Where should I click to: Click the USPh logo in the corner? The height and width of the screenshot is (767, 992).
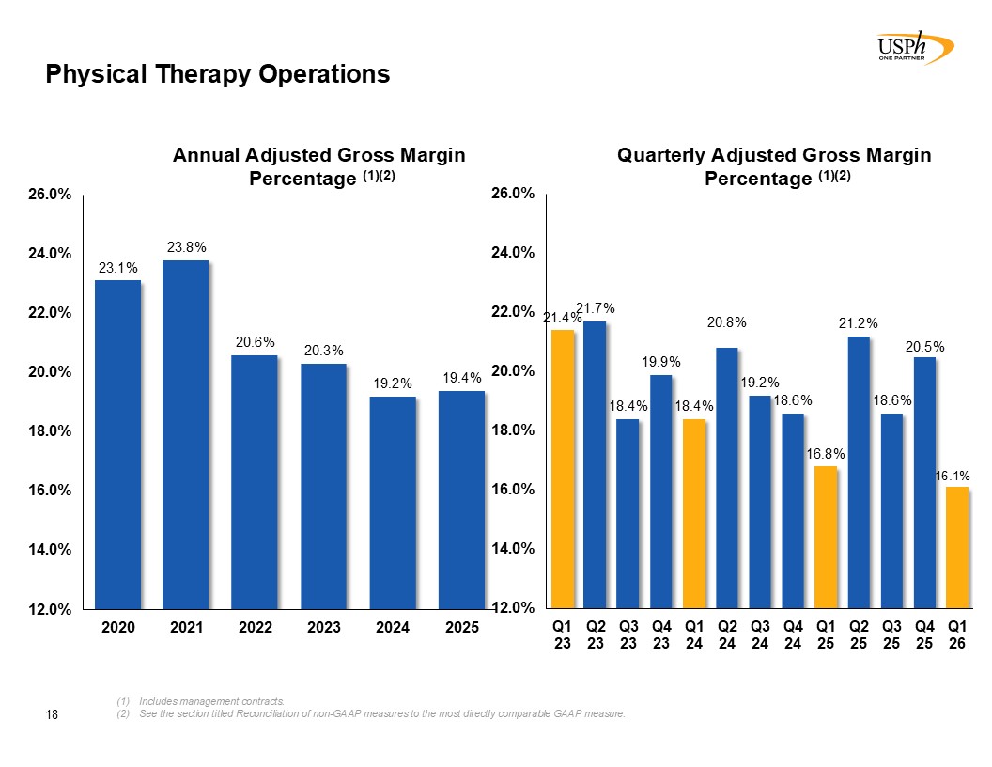pyautogui.click(x=915, y=47)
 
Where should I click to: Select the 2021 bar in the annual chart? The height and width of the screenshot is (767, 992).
pyautogui.click(x=185, y=435)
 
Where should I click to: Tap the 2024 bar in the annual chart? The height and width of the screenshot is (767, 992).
pyautogui.click(x=393, y=503)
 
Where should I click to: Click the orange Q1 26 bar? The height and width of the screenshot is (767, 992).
pyautogui.click(x=957, y=547)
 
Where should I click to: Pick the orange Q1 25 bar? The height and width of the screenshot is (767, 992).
pyautogui.click(x=826, y=538)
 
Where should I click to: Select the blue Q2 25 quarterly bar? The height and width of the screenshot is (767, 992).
pyautogui.click(x=859, y=472)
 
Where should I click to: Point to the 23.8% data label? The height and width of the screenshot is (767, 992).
pyautogui.click(x=187, y=247)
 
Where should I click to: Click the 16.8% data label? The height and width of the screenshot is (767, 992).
pyautogui.click(x=826, y=454)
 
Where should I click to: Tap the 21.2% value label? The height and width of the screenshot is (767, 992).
pyautogui.click(x=859, y=323)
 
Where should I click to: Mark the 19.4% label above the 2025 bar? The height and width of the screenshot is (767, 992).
pyautogui.click(x=462, y=378)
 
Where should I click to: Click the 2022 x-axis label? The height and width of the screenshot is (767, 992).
pyautogui.click(x=255, y=627)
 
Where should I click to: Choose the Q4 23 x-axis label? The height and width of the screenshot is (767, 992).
pyautogui.click(x=661, y=634)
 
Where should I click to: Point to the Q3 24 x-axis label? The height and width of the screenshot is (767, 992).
pyautogui.click(x=760, y=634)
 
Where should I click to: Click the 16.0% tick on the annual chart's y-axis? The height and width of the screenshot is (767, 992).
pyautogui.click(x=50, y=491)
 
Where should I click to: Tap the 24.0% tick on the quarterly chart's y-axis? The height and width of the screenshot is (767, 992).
pyautogui.click(x=513, y=253)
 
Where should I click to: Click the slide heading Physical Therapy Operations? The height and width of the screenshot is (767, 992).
pyautogui.click(x=218, y=74)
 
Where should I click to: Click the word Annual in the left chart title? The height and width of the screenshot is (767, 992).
pyautogui.click(x=207, y=155)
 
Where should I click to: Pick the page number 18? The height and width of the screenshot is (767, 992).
pyautogui.click(x=52, y=714)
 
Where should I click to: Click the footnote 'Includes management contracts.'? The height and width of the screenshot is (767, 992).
pyautogui.click(x=212, y=701)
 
